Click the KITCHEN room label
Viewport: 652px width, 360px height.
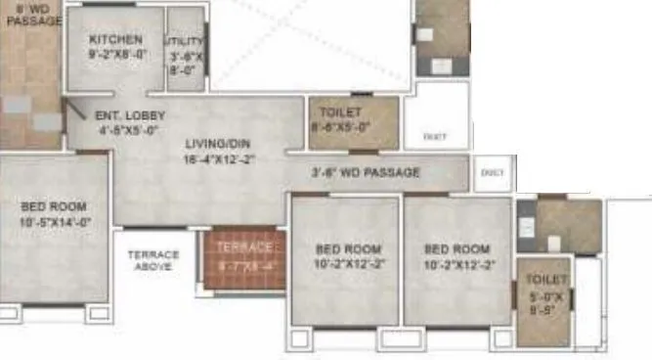point(115,40)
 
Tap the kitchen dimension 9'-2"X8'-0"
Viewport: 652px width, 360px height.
point(115,55)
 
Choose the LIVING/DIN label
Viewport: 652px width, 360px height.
point(219,144)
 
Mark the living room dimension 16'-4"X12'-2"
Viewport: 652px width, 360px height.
point(219,158)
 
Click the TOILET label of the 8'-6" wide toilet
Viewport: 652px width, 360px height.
point(339,112)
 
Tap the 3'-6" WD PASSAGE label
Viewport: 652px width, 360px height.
point(365,173)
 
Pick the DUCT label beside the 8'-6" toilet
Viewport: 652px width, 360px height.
point(435,138)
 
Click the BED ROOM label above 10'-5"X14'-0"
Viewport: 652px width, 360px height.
point(53,206)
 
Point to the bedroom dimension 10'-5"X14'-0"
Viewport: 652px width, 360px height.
point(53,222)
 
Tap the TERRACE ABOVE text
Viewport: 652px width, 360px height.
point(153,261)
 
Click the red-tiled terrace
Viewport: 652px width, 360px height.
point(243,258)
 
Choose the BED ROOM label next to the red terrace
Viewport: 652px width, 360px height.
point(343,249)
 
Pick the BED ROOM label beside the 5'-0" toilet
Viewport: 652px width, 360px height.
point(456,249)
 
